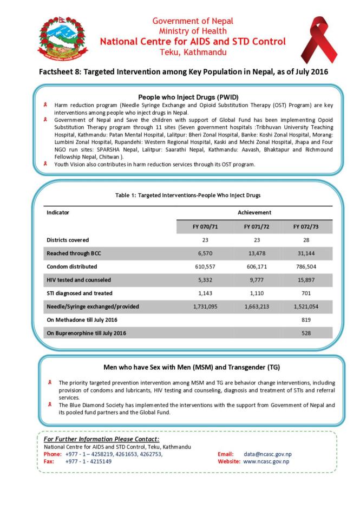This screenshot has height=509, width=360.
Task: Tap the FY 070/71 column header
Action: click(202, 227)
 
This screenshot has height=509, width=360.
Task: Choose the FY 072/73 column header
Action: click(307, 227)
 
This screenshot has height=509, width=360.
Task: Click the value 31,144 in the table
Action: click(307, 253)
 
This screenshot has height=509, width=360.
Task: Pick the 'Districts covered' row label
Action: click(68, 240)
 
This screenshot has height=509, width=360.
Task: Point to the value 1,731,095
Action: click(202, 306)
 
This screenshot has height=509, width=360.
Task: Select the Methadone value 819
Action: click(307, 319)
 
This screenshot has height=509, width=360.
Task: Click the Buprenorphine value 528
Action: click(307, 333)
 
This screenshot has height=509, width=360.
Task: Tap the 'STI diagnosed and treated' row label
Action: click(80, 293)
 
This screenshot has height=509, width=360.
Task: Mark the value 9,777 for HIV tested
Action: click(254, 280)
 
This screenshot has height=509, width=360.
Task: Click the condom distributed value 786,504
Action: click(307, 266)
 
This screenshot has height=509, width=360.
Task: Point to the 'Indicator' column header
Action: click(58, 213)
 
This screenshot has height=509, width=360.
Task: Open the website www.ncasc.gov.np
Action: click(266, 461)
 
